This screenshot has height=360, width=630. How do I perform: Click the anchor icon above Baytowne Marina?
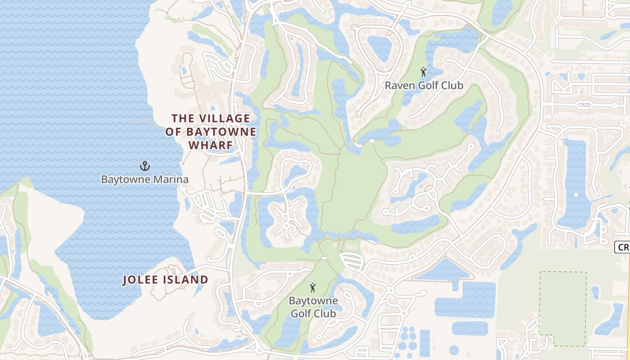[x=144, y=166]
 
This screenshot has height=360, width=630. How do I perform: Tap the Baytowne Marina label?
[x=144, y=180]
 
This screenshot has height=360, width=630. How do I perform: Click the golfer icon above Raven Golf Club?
[x=423, y=72]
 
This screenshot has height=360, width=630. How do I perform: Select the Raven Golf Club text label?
[x=423, y=85]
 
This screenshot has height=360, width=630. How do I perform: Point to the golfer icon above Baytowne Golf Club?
[x=313, y=287]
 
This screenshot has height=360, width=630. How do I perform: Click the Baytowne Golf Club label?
[x=312, y=306]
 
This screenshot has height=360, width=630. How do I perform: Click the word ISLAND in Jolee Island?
[x=186, y=280]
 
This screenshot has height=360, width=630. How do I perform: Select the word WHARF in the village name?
[x=211, y=145]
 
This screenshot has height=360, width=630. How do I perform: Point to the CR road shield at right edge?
[x=622, y=247]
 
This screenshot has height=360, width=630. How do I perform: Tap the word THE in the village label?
[x=182, y=118]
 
